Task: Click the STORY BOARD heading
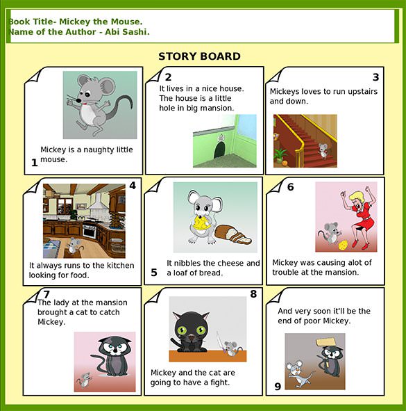tap(199, 56)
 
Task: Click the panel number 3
tap(375, 77)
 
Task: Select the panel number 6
tap(290, 186)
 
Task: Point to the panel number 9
tap(278, 387)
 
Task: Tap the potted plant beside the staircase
tap(280, 155)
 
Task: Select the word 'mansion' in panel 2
tap(217, 108)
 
